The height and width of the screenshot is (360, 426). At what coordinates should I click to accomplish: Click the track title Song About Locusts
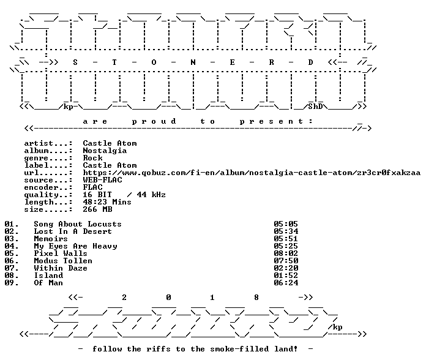point(78,224)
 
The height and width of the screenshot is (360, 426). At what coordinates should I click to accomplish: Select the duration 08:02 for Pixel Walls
point(286,253)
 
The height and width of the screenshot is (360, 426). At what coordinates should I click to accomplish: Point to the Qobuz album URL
point(252,173)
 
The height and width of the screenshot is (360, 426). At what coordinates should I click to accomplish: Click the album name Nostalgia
point(105,151)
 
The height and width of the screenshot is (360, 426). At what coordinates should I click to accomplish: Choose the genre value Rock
point(92,158)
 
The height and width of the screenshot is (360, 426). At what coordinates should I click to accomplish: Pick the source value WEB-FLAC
point(102,180)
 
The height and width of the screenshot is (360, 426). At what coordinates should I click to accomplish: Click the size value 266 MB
point(97,209)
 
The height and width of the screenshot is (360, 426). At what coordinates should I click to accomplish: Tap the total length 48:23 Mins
point(107,202)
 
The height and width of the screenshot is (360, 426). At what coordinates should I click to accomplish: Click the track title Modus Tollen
point(63,261)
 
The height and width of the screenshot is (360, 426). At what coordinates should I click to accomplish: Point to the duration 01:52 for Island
point(286,276)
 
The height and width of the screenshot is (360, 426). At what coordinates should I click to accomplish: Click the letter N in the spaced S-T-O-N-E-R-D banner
point(193,62)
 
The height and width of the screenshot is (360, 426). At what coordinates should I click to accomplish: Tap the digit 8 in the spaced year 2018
point(256,298)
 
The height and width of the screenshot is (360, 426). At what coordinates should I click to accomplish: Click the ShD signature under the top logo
point(315,107)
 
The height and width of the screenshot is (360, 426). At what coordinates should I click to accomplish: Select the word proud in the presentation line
point(154,121)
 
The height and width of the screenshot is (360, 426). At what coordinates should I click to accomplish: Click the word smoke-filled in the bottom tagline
point(239,349)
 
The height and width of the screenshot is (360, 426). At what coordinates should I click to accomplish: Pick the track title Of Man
point(48,283)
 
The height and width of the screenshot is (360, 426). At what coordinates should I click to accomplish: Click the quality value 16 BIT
point(97,195)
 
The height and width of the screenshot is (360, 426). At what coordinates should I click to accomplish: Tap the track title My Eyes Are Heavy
point(75,247)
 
